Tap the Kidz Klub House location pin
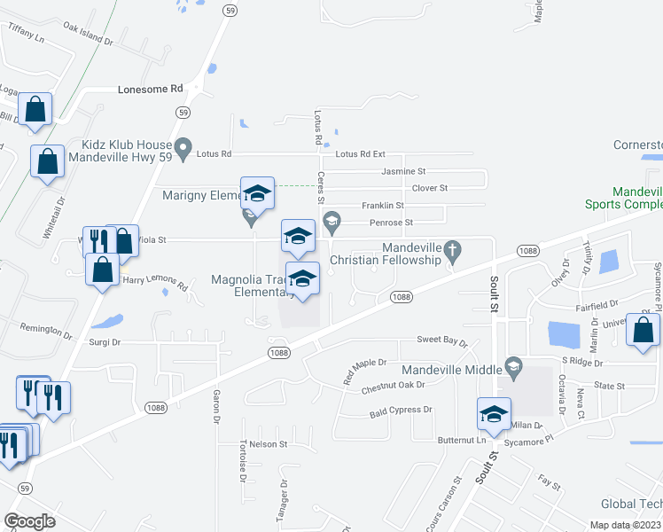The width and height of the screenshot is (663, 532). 183,147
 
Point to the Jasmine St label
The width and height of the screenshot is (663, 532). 403,170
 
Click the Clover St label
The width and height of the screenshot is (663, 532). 430,188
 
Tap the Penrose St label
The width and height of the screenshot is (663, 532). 391,222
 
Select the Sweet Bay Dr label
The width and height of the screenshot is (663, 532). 441,341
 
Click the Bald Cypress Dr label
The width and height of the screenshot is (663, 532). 401,411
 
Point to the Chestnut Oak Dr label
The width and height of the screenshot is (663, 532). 394,385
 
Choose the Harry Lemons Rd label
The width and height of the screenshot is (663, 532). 156,283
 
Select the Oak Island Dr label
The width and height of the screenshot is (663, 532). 89,34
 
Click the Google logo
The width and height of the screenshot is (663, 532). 29,521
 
